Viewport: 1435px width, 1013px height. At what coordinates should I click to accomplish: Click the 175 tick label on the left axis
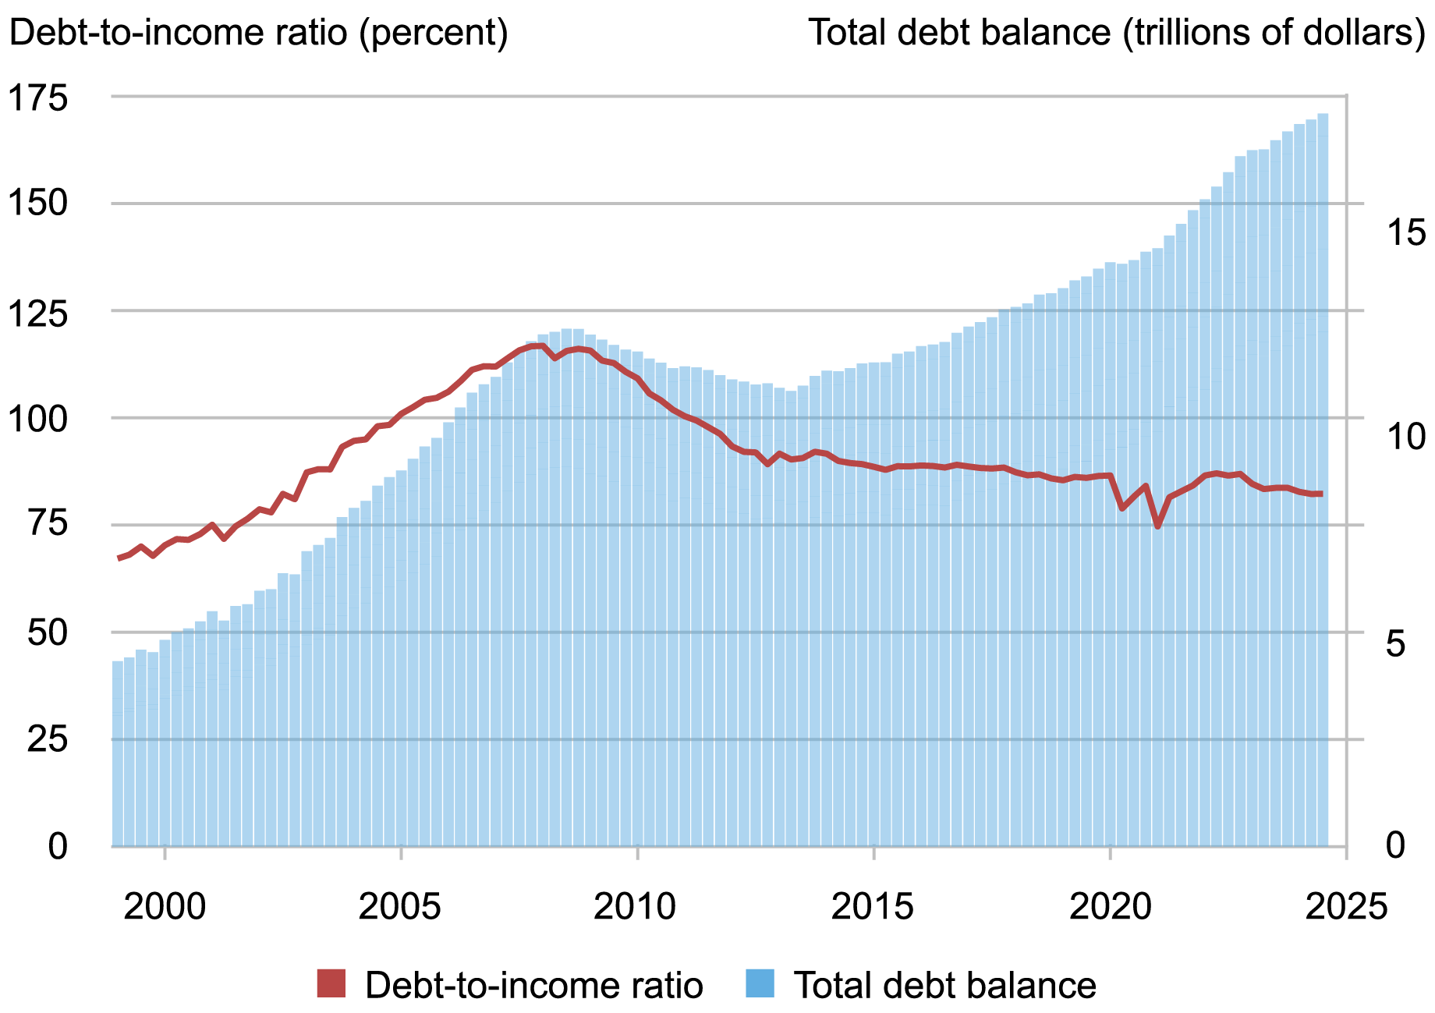click(48, 98)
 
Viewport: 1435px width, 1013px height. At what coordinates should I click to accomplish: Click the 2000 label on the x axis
click(165, 907)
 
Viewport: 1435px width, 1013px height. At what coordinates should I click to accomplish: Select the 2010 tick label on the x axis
click(637, 907)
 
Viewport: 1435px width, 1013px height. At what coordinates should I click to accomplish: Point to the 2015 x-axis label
click(873, 907)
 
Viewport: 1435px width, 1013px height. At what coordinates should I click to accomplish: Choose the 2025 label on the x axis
click(1346, 907)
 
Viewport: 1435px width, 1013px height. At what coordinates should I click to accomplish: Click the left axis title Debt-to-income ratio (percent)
click(258, 34)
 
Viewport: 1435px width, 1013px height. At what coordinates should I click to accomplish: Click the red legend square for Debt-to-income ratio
click(331, 983)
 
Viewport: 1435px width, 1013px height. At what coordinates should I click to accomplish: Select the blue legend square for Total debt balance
click(760, 983)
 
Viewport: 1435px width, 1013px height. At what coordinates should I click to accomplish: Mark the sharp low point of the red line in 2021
click(1157, 526)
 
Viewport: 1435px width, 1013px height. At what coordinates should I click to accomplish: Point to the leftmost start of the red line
click(119, 558)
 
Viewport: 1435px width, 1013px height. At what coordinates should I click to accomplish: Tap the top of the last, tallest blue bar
click(1323, 115)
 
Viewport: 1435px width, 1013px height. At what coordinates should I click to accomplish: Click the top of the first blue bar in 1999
click(118, 662)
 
